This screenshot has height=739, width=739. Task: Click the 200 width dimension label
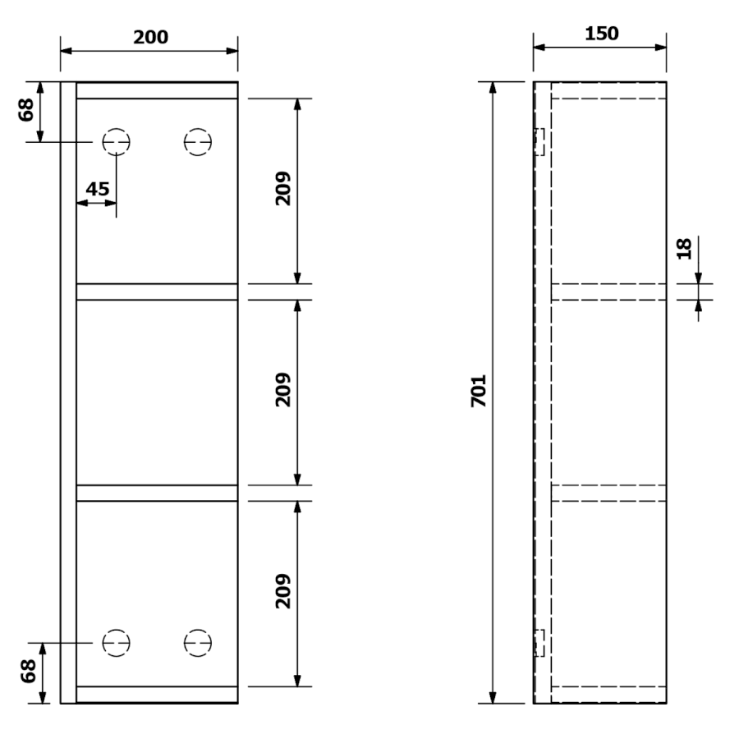click(150, 37)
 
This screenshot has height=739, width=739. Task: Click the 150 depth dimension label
click(601, 34)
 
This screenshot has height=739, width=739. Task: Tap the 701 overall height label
click(479, 391)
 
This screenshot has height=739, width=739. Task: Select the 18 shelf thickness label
click(684, 248)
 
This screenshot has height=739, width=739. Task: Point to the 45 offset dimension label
click(98, 189)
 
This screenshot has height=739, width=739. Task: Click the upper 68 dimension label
click(26, 110)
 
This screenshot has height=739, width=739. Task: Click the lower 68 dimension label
click(28, 671)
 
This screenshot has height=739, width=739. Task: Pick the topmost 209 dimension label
click(282, 189)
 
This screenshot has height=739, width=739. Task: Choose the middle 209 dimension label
click(282, 390)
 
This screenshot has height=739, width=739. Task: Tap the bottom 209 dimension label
click(282, 591)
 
